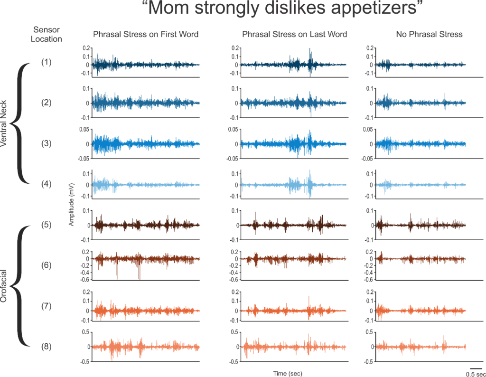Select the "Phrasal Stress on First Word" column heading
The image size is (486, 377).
pyautogui.click(x=146, y=34)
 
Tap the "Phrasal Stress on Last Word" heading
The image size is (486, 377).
pyautogui.click(x=294, y=34)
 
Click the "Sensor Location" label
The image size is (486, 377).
pyautogui.click(x=47, y=35)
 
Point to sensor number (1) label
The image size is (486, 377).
pyautogui.click(x=47, y=62)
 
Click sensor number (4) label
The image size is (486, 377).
pyautogui.click(x=47, y=184)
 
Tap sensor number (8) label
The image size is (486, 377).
pyautogui.click(x=47, y=347)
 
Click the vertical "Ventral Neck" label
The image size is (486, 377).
pyautogui.click(x=5, y=123)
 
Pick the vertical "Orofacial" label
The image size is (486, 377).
pyautogui.click(x=5, y=286)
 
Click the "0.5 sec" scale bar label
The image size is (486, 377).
pyautogui.click(x=476, y=374)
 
